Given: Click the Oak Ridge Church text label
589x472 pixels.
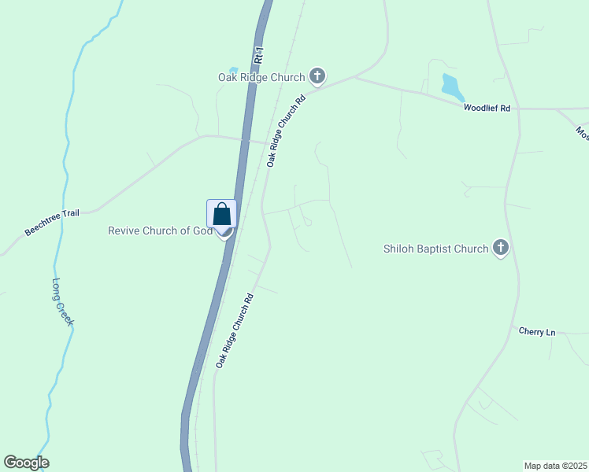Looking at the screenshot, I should [x=261, y=77].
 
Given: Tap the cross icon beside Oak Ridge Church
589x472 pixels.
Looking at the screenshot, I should [x=317, y=76].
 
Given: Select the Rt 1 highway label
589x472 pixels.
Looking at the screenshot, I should [x=258, y=56].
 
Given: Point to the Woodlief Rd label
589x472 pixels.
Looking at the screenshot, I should [x=487, y=108].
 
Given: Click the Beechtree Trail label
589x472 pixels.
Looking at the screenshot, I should [x=52, y=223].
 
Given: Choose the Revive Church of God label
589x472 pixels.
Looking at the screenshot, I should [x=160, y=230].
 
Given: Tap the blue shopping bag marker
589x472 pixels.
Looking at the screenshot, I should [x=222, y=214].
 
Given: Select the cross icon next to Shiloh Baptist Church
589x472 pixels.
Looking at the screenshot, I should [x=500, y=249].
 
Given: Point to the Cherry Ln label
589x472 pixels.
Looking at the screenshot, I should [x=537, y=332].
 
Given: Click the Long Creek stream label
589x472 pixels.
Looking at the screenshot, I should [x=62, y=302].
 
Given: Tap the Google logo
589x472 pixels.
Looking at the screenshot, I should [x=26, y=463].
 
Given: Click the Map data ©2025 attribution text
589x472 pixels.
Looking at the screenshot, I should [x=555, y=466].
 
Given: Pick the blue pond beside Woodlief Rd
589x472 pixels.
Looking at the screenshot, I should [x=450, y=87].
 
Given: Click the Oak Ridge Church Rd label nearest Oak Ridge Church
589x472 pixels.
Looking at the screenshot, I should [x=285, y=131].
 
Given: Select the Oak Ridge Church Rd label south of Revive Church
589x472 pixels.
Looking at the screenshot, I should [x=234, y=331].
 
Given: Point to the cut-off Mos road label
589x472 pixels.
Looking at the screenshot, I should [x=581, y=132].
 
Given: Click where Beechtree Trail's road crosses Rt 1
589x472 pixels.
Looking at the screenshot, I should [x=243, y=140].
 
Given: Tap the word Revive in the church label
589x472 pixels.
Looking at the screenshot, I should [x=123, y=230].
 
